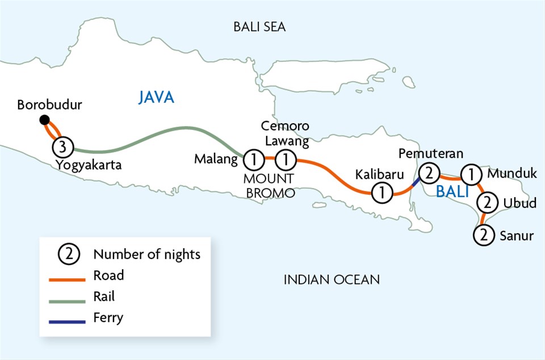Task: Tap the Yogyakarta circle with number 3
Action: [x=63, y=148]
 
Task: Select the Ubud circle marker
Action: [x=487, y=202]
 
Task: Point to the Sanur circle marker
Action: [x=484, y=234]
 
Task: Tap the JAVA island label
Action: [x=156, y=98]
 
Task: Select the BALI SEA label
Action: [x=259, y=27]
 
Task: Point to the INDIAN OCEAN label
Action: [x=332, y=279]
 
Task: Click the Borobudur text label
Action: [x=50, y=105]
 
